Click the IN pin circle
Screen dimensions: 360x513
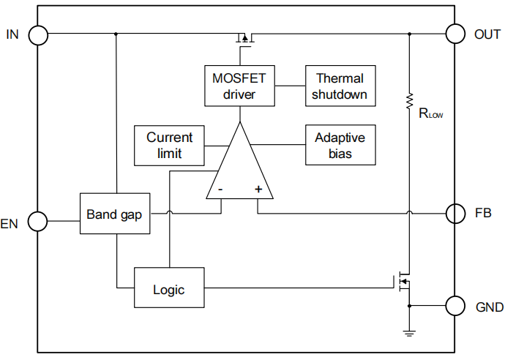(x=37, y=34)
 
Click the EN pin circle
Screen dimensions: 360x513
(x=37, y=220)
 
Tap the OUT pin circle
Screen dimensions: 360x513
(x=455, y=34)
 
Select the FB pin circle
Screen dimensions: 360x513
(x=455, y=214)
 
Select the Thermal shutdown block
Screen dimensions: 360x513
(x=340, y=86)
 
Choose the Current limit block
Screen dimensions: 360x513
(x=170, y=145)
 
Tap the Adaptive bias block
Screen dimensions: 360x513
(x=340, y=145)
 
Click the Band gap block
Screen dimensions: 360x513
(x=114, y=214)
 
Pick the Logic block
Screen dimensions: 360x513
(x=168, y=288)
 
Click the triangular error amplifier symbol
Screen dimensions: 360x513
(x=239, y=165)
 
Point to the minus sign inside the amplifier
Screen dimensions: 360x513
(x=220, y=189)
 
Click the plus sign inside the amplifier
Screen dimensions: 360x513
(x=258, y=189)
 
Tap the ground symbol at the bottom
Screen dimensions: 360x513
(x=409, y=334)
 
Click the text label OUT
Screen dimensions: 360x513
(x=488, y=34)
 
